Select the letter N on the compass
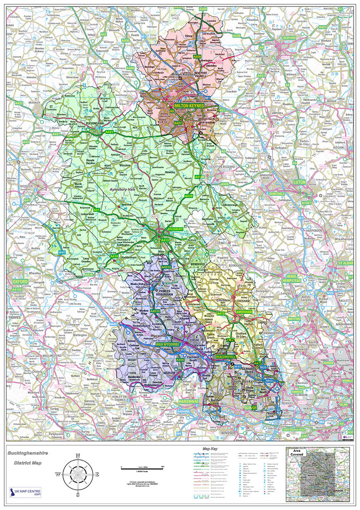coord(78,456)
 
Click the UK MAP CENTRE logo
coord(26,492)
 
